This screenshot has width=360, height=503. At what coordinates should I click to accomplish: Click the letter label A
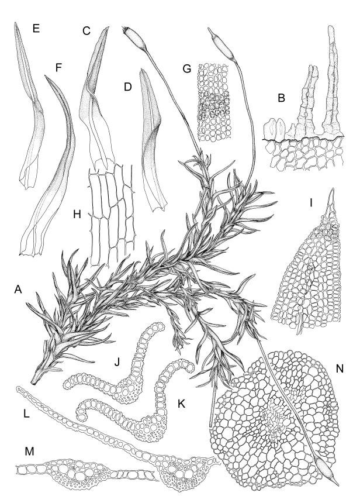(18, 290)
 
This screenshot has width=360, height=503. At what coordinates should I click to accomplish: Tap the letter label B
(281, 98)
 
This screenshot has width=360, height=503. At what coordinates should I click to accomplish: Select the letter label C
(86, 31)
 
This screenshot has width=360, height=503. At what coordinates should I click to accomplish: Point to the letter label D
(127, 87)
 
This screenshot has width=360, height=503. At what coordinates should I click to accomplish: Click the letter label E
(36, 29)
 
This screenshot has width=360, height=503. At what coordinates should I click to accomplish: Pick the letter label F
(58, 68)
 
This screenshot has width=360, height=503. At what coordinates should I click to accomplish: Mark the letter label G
(186, 68)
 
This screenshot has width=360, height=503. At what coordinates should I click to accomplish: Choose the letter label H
(77, 214)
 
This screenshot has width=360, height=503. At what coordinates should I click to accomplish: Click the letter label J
(117, 362)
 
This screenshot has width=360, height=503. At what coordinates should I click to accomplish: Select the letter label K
(181, 404)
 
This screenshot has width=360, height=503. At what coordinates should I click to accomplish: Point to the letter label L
(26, 414)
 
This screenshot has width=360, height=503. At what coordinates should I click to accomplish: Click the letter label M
(29, 452)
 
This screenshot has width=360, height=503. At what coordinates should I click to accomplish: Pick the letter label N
(340, 369)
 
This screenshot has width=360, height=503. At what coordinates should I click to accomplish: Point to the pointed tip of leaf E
(15, 23)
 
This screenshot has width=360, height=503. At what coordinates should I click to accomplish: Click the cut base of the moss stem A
(34, 381)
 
